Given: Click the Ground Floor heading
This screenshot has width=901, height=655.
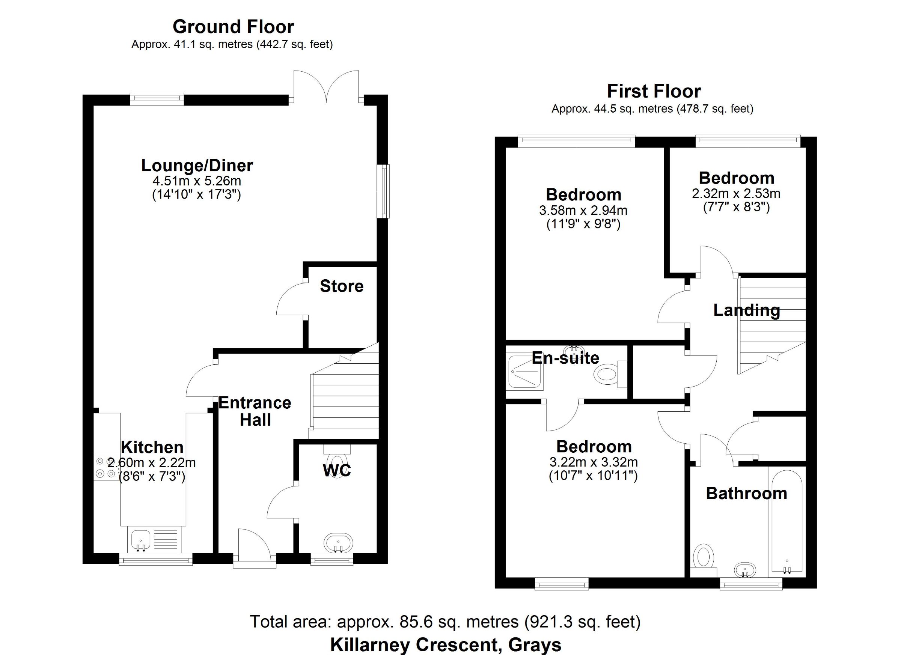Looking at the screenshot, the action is click(x=233, y=27).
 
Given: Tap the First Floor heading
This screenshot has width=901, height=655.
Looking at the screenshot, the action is click(x=654, y=91).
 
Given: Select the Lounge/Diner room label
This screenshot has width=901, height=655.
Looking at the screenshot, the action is click(x=197, y=166).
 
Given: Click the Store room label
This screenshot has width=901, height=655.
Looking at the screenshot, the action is click(x=342, y=286).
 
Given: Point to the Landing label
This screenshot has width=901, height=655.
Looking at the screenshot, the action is click(x=747, y=310).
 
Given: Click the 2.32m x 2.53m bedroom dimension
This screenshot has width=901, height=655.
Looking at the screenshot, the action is click(x=736, y=193).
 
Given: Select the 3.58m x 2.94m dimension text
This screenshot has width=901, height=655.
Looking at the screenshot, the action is click(x=583, y=210).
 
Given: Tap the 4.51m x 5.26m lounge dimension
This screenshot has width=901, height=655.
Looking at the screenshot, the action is click(x=197, y=181).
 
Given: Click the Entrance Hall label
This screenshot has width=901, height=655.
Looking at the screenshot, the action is click(x=255, y=411).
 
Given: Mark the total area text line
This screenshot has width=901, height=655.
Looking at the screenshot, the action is click(x=445, y=622).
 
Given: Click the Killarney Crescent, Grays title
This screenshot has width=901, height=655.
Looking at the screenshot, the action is click(x=446, y=644).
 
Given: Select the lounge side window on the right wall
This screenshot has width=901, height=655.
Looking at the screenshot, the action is click(x=383, y=191).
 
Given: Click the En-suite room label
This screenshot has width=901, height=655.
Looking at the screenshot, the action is click(x=565, y=358).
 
